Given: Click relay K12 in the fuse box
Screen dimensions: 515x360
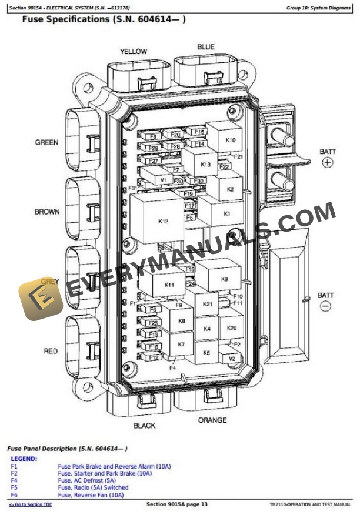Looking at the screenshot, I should (164, 221).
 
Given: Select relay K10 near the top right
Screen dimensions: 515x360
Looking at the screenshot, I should (230, 141).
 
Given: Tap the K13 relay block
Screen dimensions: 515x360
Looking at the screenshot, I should (205, 165).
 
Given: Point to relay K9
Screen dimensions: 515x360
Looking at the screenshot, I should (224, 279).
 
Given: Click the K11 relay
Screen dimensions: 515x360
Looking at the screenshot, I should (169, 285).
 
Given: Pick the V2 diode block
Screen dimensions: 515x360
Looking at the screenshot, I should (232, 358).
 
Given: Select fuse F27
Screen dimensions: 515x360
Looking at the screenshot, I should (154, 160).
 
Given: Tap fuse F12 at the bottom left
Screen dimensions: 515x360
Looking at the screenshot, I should (154, 357).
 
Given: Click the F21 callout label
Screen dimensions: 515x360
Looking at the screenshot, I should (238, 157).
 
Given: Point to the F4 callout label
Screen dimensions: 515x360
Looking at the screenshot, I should (173, 368).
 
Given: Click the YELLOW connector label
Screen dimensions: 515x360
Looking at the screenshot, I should (134, 52).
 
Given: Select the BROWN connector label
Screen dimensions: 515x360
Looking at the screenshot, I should (47, 212).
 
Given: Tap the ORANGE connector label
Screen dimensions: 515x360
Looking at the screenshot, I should (212, 420).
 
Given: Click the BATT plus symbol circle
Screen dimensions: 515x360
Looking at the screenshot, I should (328, 163).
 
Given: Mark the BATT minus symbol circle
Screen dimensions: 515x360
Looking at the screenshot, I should (325, 306).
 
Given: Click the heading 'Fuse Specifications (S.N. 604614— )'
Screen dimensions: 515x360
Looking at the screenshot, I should (104, 19).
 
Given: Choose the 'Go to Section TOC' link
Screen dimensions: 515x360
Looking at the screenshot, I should (31, 505).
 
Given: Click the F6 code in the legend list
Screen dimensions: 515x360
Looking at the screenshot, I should (14, 495).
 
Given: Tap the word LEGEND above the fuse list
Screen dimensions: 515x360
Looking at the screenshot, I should (24, 459).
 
